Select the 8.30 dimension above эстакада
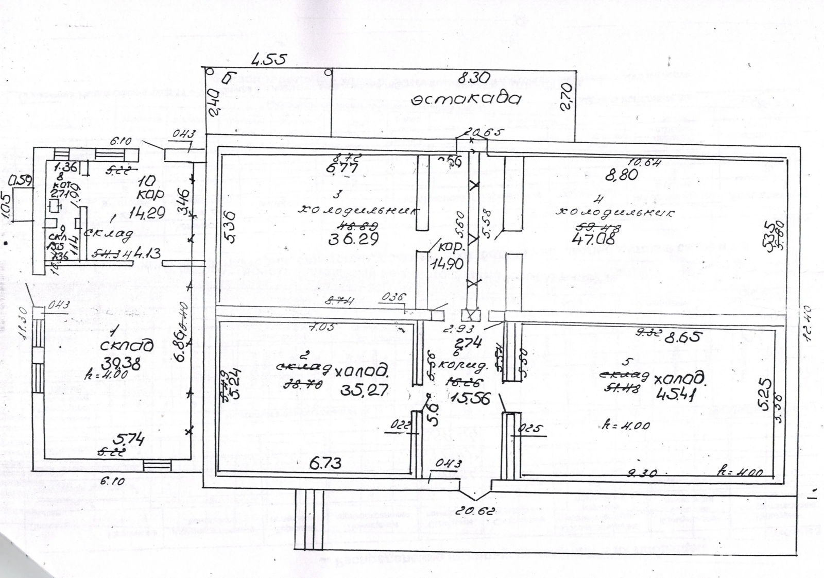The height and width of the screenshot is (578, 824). pos(473,78)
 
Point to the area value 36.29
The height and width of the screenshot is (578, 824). pos(353,240)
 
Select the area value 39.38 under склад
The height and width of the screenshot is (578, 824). pos(122,364)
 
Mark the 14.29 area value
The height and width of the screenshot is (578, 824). pos(144,212)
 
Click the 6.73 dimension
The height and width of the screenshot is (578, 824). pos(325,463)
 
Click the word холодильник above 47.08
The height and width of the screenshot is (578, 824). pos(616,213)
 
